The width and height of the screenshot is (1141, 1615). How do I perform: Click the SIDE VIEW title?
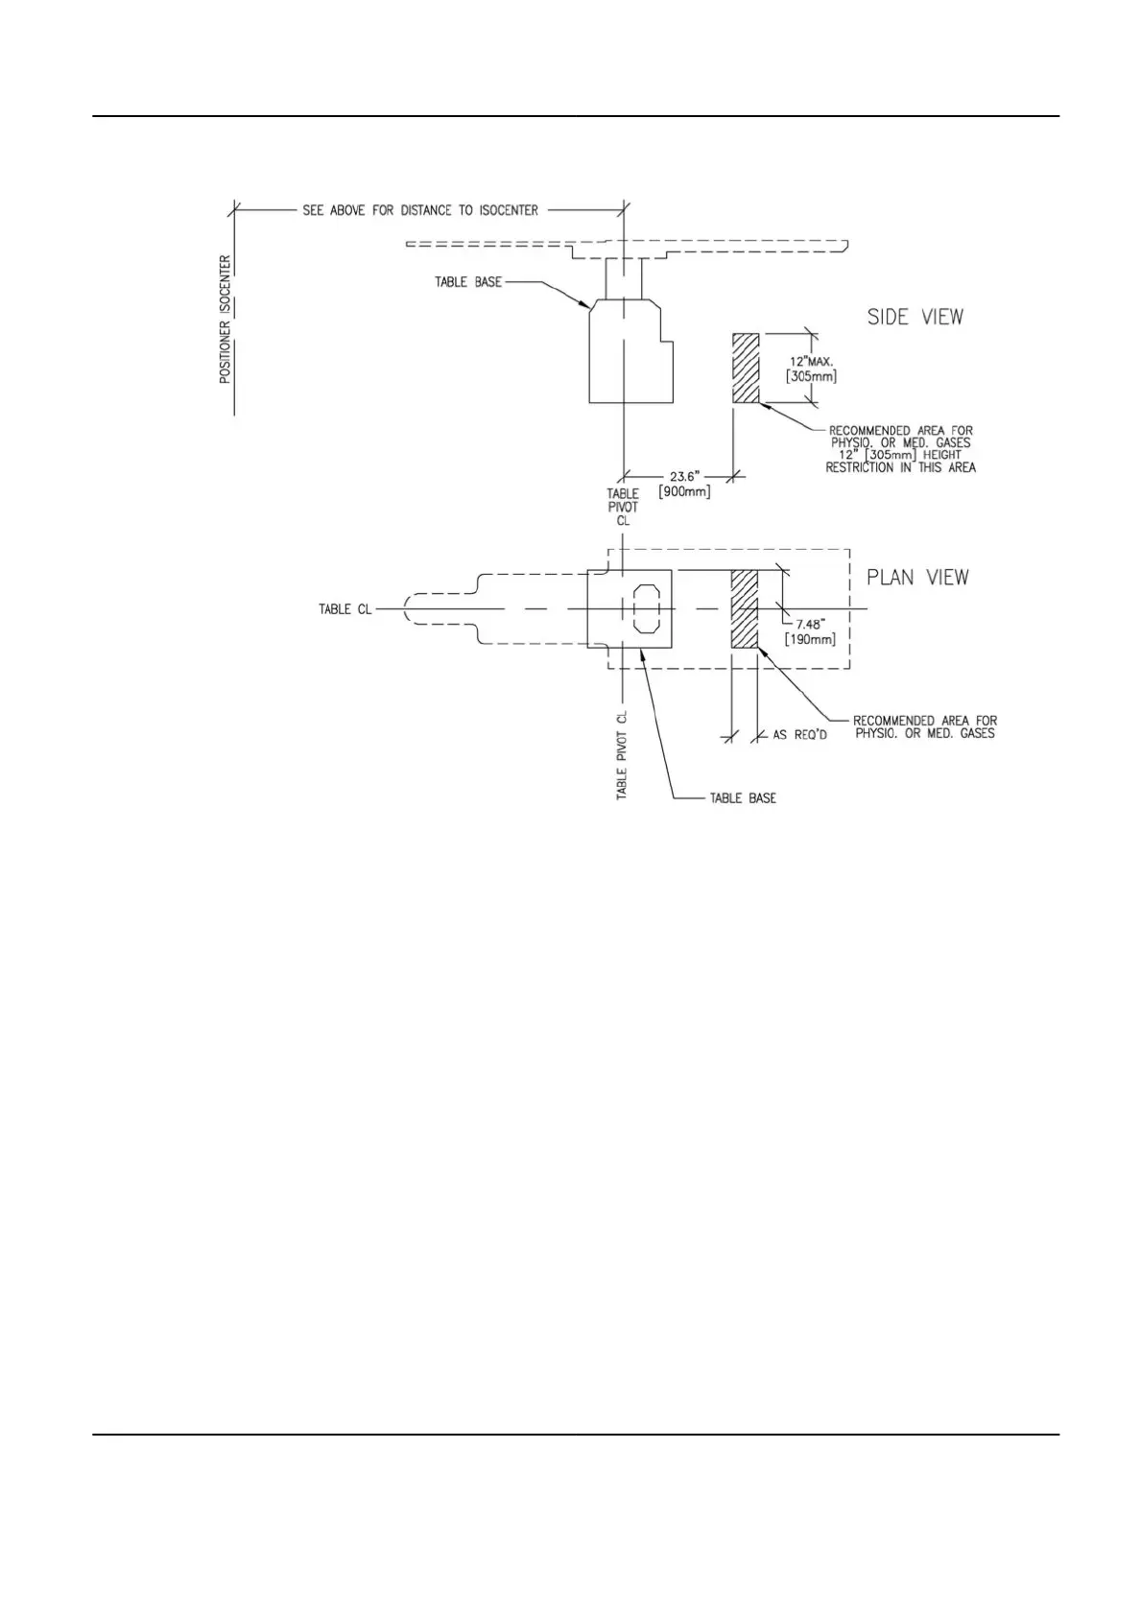[915, 317]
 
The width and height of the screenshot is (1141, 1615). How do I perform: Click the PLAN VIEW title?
[917, 577]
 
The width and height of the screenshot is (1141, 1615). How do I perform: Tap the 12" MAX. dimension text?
[811, 362]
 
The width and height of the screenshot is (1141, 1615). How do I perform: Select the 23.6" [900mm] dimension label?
[684, 484]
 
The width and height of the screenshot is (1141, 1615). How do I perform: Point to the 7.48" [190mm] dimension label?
[809, 629]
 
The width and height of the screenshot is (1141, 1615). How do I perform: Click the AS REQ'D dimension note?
[799, 735]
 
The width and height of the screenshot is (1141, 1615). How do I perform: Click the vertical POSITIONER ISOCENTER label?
[225, 319]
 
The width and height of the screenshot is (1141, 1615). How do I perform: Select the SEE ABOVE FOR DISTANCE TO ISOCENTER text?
[420, 210]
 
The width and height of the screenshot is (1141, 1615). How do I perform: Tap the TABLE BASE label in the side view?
[468, 282]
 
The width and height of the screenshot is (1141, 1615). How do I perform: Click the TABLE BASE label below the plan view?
[743, 797]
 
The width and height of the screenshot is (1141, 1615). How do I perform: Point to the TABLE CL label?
[345, 609]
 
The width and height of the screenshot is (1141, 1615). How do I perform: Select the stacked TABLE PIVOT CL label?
[623, 507]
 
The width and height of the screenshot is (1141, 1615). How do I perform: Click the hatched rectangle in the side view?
[746, 368]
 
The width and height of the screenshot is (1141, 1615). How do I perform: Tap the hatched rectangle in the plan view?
[745, 609]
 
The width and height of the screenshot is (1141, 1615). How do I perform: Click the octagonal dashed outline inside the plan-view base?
[647, 608]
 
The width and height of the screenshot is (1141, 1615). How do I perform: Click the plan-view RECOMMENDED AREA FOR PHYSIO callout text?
[924, 726]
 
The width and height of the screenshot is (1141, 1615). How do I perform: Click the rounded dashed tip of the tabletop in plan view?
[410, 608]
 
